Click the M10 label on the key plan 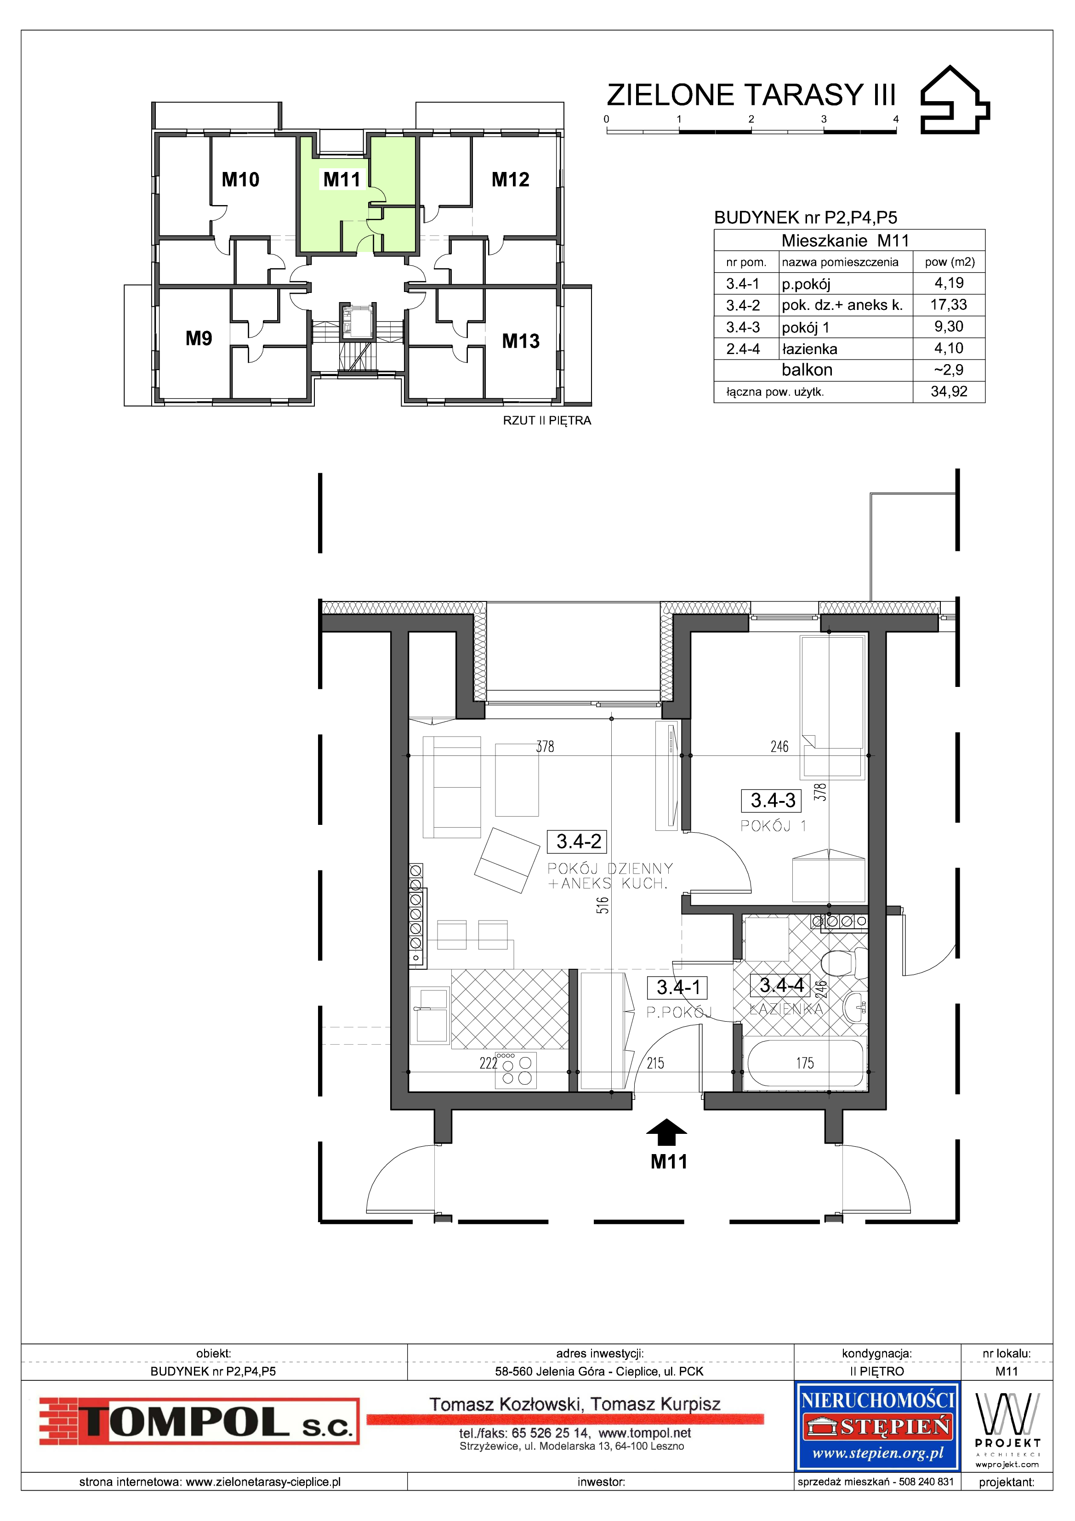coord(240,179)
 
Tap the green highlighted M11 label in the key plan coord(342,179)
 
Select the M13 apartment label coord(521,341)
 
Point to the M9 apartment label coord(199,338)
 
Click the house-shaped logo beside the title coord(955,100)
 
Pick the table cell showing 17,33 coord(949,305)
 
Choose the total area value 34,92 coord(949,391)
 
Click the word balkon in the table coord(807,370)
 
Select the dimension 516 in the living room coord(602,905)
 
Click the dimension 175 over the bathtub coord(805,1063)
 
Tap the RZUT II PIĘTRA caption coord(547,421)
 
